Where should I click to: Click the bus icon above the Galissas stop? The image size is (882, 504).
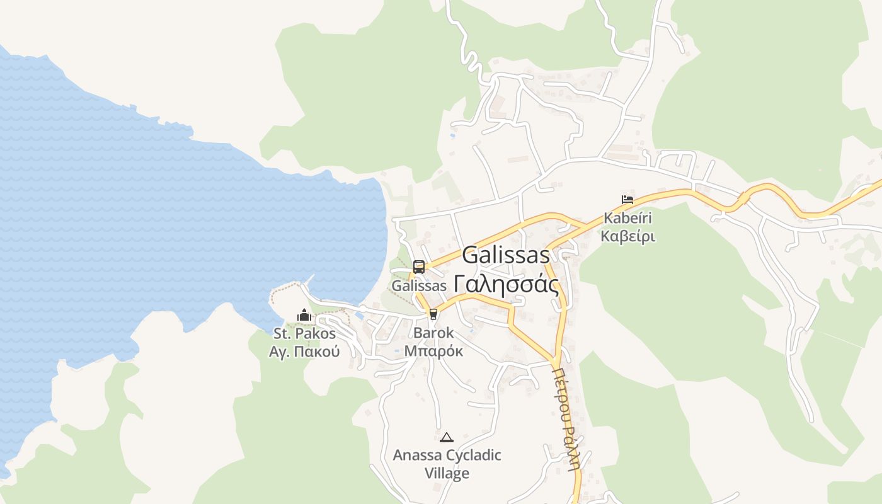pyautogui.click(x=419, y=267)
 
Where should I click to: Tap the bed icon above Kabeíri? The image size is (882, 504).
pyautogui.click(x=627, y=200)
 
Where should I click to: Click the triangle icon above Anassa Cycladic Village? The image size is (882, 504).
pyautogui.click(x=447, y=437)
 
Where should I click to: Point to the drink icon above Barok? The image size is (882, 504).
pyautogui.click(x=433, y=314)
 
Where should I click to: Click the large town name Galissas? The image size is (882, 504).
pyautogui.click(x=506, y=255)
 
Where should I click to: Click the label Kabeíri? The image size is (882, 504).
pyautogui.click(x=627, y=219)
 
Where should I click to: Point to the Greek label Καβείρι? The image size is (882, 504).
pyautogui.click(x=627, y=236)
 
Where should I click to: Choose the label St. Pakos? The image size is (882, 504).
pyautogui.click(x=304, y=333)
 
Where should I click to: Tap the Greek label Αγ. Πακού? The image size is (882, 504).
pyautogui.click(x=304, y=352)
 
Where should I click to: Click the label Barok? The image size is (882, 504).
pyautogui.click(x=433, y=333)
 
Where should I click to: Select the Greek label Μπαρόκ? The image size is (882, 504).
pyautogui.click(x=433, y=350)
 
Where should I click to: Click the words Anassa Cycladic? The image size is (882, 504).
pyautogui.click(x=447, y=455)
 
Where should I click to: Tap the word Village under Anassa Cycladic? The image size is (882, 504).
pyautogui.click(x=447, y=473)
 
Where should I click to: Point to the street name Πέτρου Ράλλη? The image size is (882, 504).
pyautogui.click(x=565, y=419)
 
